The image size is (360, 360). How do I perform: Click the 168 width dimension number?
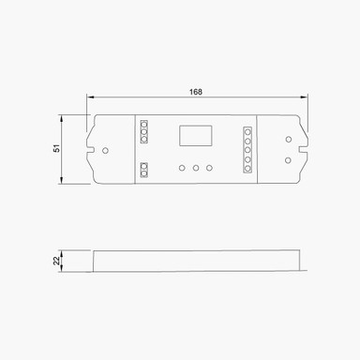pos(195,91)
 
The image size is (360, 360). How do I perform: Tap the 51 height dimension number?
pos(56,149)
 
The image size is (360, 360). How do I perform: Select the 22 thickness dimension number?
pos(56,262)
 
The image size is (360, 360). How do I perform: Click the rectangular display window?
pos(195,135)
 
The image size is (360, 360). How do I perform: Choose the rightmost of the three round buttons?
pos(209,168)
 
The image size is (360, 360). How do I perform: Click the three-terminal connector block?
pos(144,131)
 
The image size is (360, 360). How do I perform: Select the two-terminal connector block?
pos(144,170)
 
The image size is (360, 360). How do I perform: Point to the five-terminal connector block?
pos(248,150)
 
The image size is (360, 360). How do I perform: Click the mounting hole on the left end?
pos(105,149)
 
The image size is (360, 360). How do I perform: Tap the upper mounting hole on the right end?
pos(288,140)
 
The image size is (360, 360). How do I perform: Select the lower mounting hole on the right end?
pos(288,158)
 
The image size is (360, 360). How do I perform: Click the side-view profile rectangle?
pos(197,262)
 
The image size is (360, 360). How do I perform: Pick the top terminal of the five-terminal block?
pos(248,131)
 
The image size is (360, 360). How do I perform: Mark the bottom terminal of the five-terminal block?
pos(248,170)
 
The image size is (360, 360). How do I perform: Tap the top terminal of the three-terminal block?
pos(144,124)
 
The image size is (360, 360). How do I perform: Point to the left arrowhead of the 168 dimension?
pos(89,97)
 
